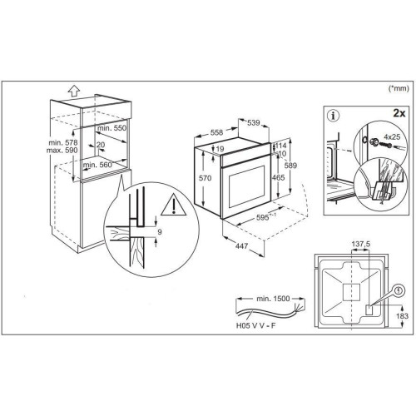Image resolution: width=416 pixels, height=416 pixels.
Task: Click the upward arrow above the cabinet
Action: (74, 91)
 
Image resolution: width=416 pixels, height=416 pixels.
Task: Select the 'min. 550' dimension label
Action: (111, 128)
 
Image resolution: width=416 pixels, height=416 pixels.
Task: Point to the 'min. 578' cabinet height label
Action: (63, 143)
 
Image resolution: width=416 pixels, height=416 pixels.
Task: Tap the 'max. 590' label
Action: (62, 151)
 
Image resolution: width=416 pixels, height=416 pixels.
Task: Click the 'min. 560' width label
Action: (97, 165)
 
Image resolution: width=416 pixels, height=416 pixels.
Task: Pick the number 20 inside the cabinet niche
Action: (101, 145)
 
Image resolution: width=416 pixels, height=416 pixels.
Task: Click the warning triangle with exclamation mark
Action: (174, 205)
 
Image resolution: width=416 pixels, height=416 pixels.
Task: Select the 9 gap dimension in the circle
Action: (160, 231)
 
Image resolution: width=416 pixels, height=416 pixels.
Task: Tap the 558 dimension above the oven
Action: (216, 132)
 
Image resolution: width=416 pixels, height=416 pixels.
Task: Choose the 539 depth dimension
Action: (253, 122)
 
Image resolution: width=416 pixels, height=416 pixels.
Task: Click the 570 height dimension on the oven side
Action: (206, 178)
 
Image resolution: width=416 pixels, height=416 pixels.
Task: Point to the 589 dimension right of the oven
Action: (290, 166)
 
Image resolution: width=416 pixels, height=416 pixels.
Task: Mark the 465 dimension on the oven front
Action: (278, 177)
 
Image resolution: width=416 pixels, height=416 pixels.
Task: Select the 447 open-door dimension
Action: (241, 245)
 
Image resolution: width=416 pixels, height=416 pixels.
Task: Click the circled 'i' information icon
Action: (334, 116)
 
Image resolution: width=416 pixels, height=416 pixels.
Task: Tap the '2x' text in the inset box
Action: (399, 113)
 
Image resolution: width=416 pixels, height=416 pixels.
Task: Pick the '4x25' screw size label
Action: (392, 136)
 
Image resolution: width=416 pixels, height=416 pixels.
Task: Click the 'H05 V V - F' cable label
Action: (256, 325)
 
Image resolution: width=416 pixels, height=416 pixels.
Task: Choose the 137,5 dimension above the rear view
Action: (361, 245)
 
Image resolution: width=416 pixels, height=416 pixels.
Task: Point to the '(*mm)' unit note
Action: (399, 88)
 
